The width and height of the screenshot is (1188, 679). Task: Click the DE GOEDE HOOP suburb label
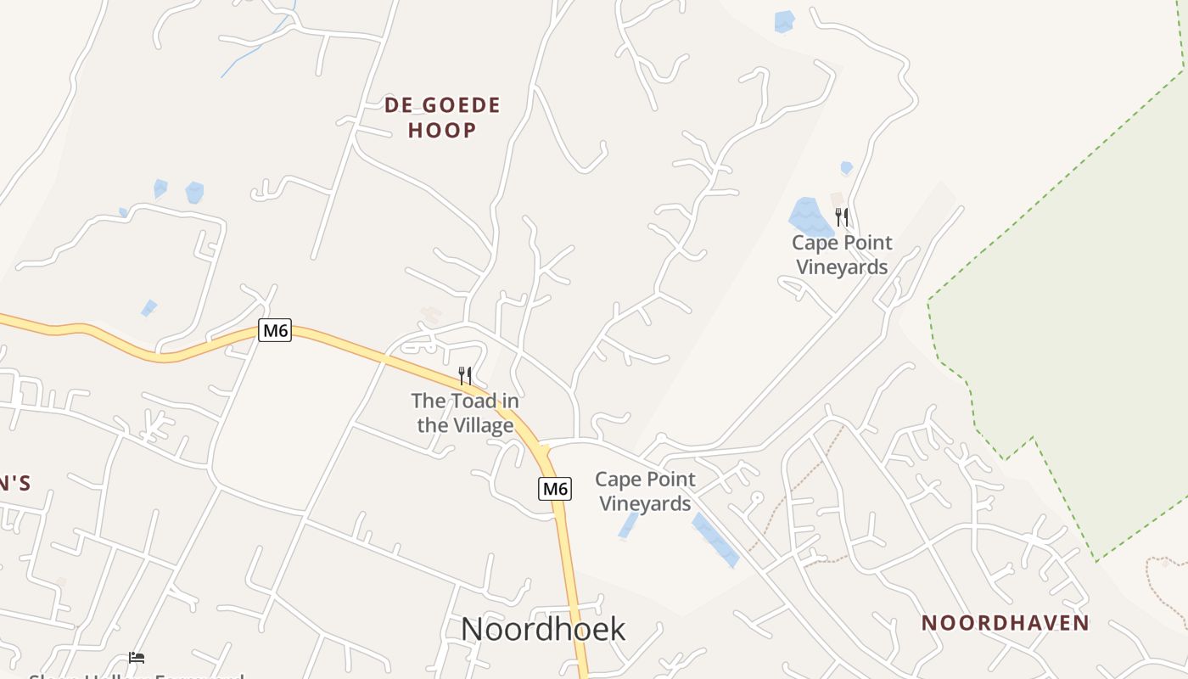(x=442, y=117)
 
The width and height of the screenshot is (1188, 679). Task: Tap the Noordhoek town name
(x=543, y=629)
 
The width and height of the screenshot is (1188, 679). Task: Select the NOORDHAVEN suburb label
(x=1005, y=623)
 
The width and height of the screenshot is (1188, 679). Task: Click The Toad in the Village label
(x=465, y=412)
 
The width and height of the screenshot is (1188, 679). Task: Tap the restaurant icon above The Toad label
(x=465, y=375)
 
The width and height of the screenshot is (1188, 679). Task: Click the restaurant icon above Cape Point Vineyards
(x=841, y=217)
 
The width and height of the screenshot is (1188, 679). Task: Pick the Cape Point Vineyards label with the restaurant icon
(x=842, y=255)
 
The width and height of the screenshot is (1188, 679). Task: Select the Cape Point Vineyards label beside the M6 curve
(x=646, y=491)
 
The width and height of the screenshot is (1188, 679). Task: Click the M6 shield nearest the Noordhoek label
(x=554, y=489)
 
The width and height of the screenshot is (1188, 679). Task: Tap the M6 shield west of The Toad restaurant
(x=275, y=331)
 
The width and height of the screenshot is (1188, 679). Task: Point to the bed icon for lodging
(x=137, y=657)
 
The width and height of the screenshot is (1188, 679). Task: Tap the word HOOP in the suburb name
(x=442, y=130)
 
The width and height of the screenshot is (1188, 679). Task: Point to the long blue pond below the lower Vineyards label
(x=714, y=539)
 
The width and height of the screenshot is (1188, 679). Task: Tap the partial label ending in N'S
(x=15, y=484)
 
